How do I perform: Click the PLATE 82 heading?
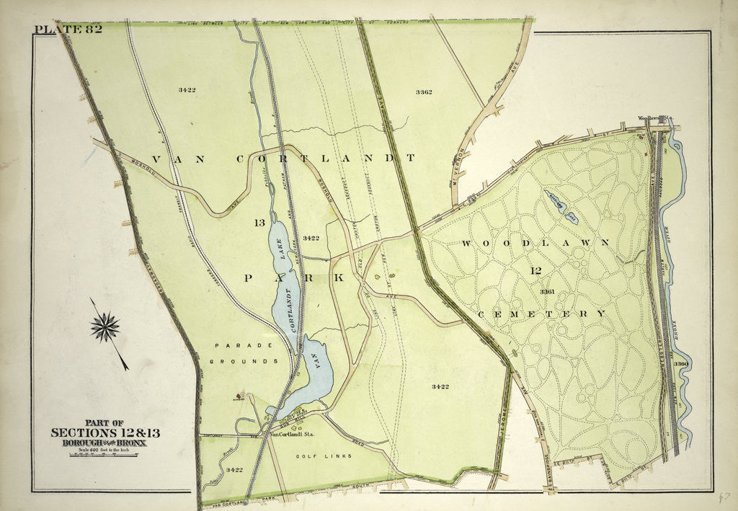pyautogui.click(x=68, y=30)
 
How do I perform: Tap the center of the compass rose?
pyautogui.click(x=105, y=328)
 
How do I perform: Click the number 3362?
pyautogui.click(x=423, y=92)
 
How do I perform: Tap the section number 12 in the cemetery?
pyautogui.click(x=535, y=271)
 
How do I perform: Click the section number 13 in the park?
pyautogui.click(x=259, y=223)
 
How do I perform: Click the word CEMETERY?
pyautogui.click(x=541, y=314)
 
